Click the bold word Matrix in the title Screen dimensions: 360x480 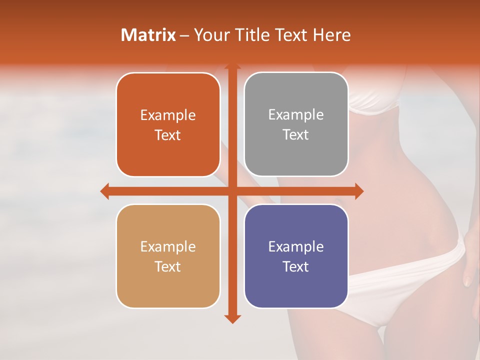coord(148,35)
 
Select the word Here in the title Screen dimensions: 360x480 coord(331,35)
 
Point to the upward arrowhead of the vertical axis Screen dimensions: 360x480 coord(231,66)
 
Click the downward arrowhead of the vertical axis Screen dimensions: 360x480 coord(231,318)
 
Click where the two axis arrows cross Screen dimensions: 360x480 coord(231,191)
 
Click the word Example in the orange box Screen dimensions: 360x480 coord(168,115)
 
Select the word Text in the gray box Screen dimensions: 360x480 coord(296,135)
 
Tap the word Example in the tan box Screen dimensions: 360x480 coord(168,247)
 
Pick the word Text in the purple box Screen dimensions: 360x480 coord(296,266)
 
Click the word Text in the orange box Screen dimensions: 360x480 coord(168,135)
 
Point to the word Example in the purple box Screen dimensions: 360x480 coord(296,247)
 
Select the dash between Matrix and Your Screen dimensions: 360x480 coord(184,35)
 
